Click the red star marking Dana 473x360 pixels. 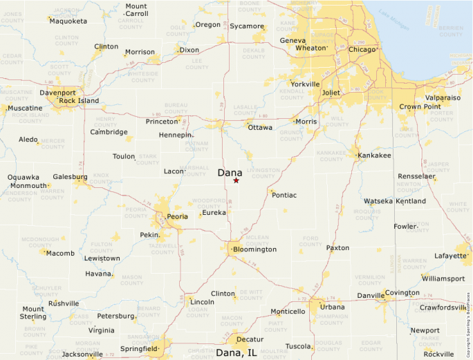[236, 180]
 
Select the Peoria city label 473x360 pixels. [178, 216]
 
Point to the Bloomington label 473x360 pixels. [254, 249]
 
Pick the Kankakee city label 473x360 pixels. [374, 155]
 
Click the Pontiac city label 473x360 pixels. [284, 196]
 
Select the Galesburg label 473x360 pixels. [70, 177]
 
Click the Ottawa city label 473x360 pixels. [260, 128]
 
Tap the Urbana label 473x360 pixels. [332, 307]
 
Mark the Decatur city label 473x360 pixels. [250, 339]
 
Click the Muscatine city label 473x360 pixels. [25, 108]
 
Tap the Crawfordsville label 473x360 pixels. [443, 307]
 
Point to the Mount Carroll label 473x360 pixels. [136, 10]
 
